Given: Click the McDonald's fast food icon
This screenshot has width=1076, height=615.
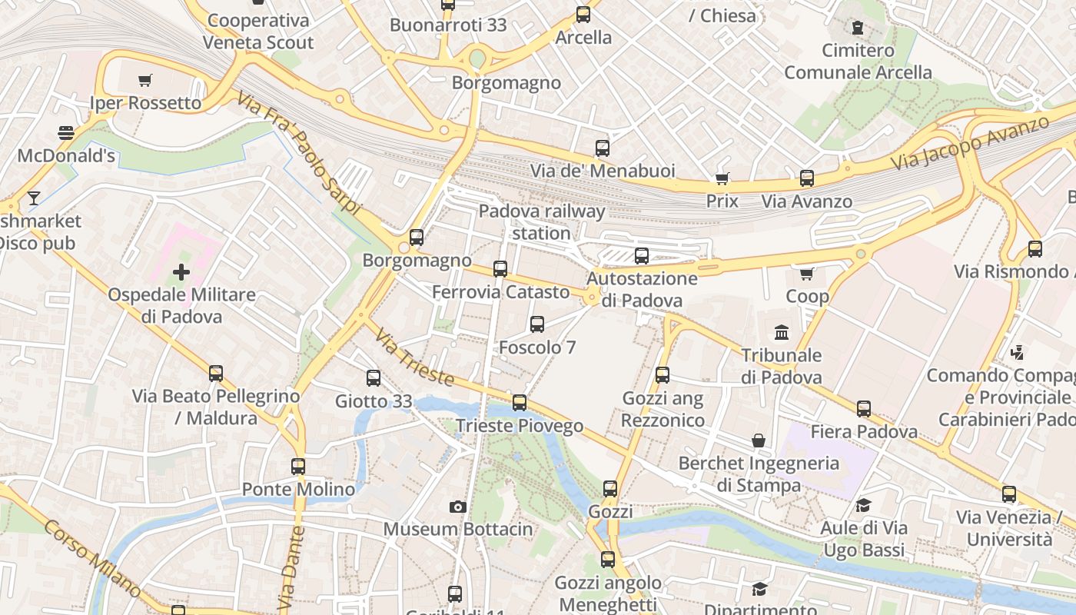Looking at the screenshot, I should click(x=66, y=133).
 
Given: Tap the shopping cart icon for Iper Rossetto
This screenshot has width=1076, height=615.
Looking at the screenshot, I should click(x=145, y=80).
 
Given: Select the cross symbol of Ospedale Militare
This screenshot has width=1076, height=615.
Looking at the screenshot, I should click(x=181, y=272).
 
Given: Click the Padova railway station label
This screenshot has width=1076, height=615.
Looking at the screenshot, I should click(x=542, y=221).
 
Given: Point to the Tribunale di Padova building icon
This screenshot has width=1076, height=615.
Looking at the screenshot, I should click(x=782, y=333).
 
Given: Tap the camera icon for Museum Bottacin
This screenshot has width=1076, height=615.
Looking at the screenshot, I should click(x=458, y=507).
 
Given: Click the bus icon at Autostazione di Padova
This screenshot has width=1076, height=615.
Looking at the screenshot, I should click(x=642, y=256).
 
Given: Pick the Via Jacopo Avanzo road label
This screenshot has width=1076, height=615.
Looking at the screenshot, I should click(x=970, y=143).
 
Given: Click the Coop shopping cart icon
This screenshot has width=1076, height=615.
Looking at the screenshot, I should click(x=807, y=274).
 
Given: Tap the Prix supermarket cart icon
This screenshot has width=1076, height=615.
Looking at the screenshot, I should click(x=722, y=179).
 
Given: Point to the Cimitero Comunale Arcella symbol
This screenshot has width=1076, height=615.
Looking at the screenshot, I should click(x=858, y=28).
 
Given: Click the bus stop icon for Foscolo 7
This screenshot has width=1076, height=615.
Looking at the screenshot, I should click(x=537, y=324).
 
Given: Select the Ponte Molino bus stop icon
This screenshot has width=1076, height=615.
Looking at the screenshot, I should click(x=298, y=467).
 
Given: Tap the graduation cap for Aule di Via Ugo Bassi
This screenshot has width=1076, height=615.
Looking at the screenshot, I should click(x=864, y=506).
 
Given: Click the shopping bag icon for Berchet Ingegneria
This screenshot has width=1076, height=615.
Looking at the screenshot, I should click(x=759, y=440).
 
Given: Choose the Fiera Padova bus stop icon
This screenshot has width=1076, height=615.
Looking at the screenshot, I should click(x=864, y=409).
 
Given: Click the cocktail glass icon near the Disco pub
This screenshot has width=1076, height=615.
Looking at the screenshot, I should click(x=33, y=198).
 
